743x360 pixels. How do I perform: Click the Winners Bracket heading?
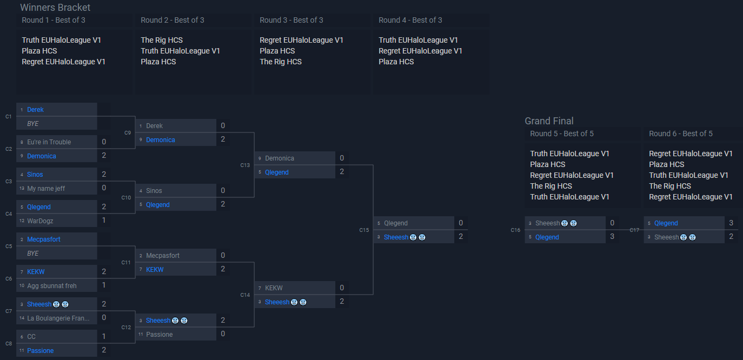point(55,8)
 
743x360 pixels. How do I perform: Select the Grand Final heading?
point(549,121)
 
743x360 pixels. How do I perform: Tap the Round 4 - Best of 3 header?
point(410,21)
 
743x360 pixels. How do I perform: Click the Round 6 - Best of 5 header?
point(680,134)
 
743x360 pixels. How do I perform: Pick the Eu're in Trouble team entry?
point(49,142)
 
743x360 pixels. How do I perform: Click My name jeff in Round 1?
point(46,189)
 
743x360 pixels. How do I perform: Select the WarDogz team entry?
point(40,221)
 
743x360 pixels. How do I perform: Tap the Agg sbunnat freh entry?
point(52,286)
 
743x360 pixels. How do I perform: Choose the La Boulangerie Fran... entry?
point(58,318)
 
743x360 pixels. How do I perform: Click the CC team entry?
point(31,337)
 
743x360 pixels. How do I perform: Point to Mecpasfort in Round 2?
point(162,256)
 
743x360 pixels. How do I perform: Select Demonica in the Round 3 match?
point(279,158)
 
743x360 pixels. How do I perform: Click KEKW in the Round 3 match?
point(274,288)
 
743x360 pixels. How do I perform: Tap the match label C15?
point(364,230)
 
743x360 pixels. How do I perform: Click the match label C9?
point(128,133)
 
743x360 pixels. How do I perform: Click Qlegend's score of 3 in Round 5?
point(612,237)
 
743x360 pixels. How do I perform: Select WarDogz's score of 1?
point(104,221)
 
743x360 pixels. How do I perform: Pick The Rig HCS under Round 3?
point(280,62)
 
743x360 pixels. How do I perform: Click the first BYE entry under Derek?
point(33,124)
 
